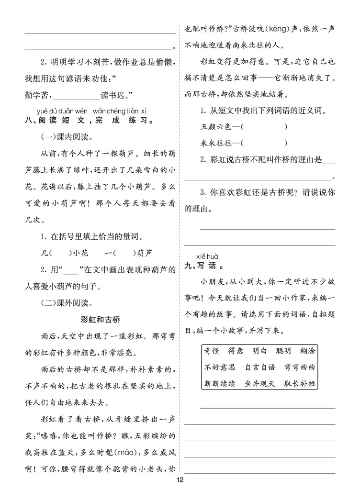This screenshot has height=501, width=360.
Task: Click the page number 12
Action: coord(180,480)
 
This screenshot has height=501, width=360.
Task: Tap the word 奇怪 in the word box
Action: coord(212,351)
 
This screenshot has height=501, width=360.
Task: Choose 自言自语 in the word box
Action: coord(260,367)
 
